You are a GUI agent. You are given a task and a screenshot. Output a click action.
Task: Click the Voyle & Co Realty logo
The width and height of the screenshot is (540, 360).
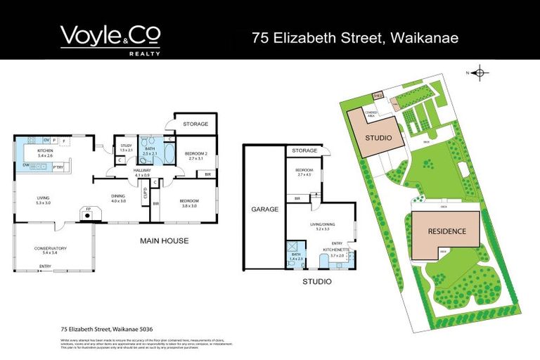[110, 39]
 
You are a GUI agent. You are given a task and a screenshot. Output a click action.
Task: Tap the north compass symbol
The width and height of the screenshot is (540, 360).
[479, 72]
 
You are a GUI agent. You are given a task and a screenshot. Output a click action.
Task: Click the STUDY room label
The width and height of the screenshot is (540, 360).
[127, 146]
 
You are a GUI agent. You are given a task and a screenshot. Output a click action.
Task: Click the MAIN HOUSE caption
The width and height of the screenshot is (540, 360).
[164, 241]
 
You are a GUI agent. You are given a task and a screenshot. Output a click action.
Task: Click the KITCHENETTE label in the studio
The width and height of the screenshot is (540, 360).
[334, 250]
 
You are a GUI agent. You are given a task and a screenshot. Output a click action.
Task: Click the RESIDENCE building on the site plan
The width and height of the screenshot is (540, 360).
[448, 231]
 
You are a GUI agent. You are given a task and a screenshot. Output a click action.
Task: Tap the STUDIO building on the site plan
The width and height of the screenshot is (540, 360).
[378, 137]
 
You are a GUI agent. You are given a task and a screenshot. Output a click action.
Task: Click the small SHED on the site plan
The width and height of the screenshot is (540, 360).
[377, 95]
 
